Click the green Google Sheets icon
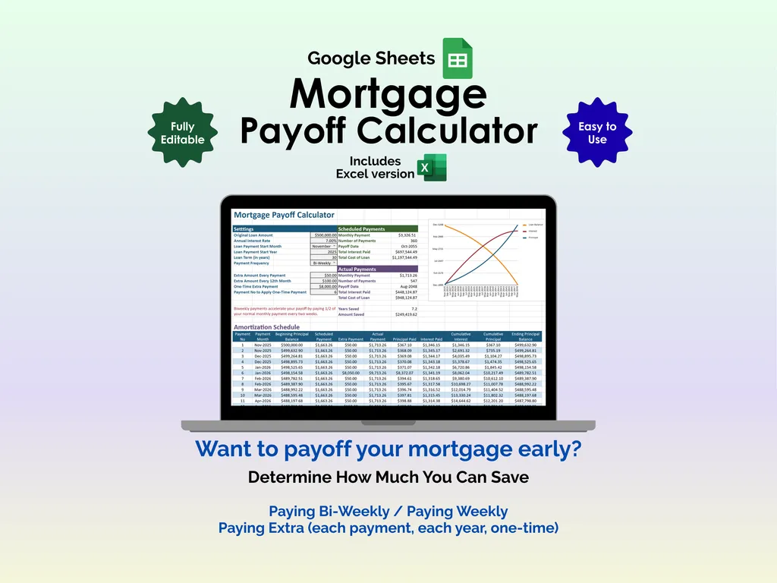click(x=457, y=58)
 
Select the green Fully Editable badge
click(x=182, y=133)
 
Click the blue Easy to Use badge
click(x=597, y=133)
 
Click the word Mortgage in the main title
click(x=388, y=94)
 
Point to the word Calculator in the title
click(x=448, y=130)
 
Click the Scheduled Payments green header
click(x=377, y=228)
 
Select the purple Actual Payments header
click(x=377, y=269)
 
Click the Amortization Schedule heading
click(x=266, y=327)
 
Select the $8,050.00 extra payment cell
click(x=351, y=373)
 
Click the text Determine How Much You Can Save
click(x=388, y=477)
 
